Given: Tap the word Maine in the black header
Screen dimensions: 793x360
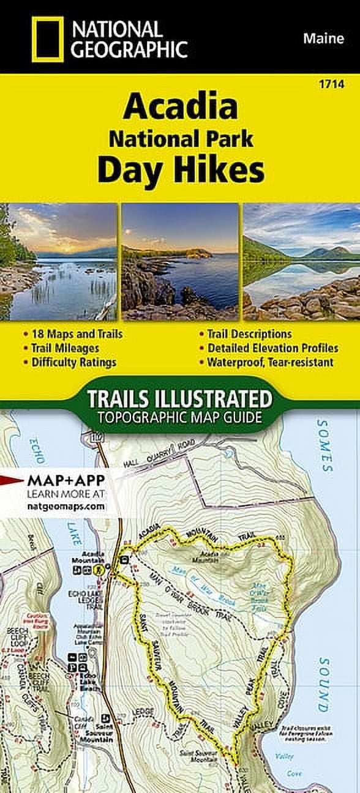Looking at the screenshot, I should click(x=321, y=39).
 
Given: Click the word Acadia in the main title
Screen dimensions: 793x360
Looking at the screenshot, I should click(x=180, y=108).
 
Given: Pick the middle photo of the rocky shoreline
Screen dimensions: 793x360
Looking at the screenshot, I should click(x=180, y=262).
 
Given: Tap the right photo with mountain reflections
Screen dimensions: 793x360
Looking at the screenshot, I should click(x=301, y=262).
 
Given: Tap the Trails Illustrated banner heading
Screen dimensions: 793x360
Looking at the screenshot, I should click(x=179, y=399).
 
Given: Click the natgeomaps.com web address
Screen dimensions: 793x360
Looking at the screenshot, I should click(x=66, y=507).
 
